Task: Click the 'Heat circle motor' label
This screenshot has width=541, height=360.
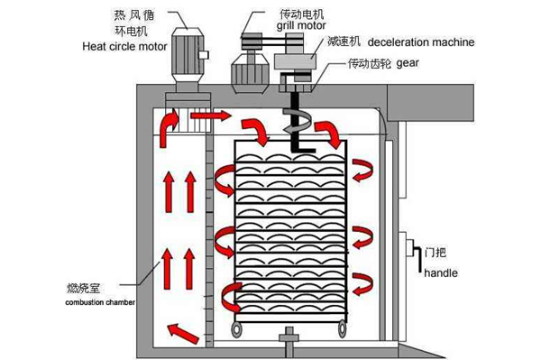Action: (124, 46)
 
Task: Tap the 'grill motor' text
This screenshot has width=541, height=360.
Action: (301, 25)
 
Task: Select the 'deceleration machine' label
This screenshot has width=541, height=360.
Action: (421, 42)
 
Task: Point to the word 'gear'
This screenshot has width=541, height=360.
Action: (408, 63)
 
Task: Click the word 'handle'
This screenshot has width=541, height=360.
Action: (441, 273)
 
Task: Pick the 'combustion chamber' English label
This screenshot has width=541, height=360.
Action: (100, 302)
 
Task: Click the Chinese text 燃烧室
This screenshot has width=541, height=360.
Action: (84, 289)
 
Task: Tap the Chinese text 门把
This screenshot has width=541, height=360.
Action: (436, 253)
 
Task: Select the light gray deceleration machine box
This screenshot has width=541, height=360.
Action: (296, 61)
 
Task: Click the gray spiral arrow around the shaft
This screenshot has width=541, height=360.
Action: (297, 121)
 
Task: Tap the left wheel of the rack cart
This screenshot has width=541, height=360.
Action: (236, 329)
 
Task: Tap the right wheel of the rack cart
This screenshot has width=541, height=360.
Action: (342, 329)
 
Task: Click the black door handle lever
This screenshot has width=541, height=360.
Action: (419, 259)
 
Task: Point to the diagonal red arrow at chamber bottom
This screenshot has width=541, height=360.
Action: (183, 333)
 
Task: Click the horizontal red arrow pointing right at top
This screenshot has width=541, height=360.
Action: (210, 115)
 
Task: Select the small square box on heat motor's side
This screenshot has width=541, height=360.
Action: (204, 55)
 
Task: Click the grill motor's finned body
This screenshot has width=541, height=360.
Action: (250, 73)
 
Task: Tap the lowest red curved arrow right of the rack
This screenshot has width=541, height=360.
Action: (363, 284)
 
